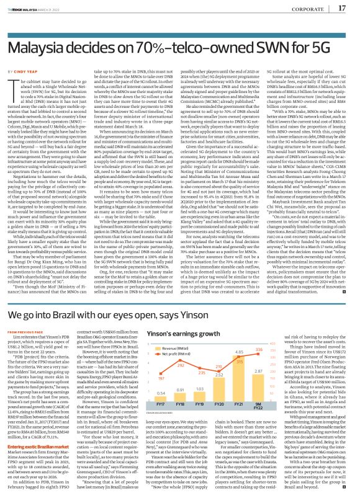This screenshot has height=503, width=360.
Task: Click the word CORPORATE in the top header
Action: pos(309,9)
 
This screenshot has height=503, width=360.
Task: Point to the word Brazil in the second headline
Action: pos(84,314)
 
